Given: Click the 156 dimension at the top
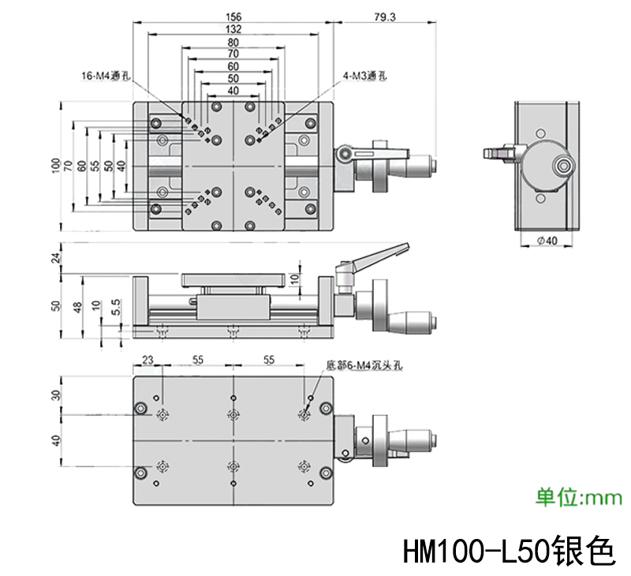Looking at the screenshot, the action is [233, 17].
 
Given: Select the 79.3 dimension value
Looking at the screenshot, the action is [385, 17].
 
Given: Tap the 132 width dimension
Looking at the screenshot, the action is [233, 29].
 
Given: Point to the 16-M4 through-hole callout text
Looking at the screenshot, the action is [106, 75].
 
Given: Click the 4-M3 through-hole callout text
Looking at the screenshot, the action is [364, 76].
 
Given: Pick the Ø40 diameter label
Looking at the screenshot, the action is [547, 241].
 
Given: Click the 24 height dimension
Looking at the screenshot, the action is [57, 257].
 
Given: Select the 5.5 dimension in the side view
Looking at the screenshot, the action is [115, 307].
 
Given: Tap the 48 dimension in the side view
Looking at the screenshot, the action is [77, 307].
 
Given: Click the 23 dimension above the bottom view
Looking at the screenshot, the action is [147, 360].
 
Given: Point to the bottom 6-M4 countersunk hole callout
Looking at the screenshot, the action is [364, 366].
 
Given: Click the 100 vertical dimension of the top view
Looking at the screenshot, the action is [56, 166].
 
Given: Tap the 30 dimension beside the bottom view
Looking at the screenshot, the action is [56, 395].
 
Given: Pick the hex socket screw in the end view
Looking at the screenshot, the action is [562, 166].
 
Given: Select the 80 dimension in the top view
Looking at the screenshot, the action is [233, 43].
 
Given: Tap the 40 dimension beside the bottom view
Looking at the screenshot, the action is [56, 440].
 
